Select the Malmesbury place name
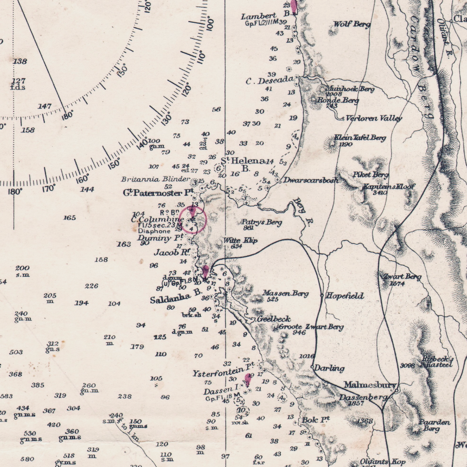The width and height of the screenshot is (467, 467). click(x=369, y=385)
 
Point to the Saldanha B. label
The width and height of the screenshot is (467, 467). click(x=176, y=298)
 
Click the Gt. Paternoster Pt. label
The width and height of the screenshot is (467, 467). click(x=158, y=193)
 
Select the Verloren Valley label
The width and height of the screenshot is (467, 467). click(x=374, y=118)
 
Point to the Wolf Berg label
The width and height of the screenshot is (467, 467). click(x=352, y=25)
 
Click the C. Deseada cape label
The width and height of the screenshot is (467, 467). click(x=270, y=81)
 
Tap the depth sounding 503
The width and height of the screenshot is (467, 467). click(x=16, y=352)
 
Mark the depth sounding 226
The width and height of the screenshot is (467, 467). click(x=91, y=286)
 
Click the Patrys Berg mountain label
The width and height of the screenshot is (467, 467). click(x=262, y=222)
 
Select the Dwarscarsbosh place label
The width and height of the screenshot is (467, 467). click(x=311, y=180)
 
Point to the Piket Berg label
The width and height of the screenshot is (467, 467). click(x=370, y=175)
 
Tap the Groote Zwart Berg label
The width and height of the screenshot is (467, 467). click(x=311, y=327)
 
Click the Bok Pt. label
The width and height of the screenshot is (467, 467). click(x=315, y=420)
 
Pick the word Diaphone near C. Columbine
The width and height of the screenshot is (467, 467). click(x=154, y=231)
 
